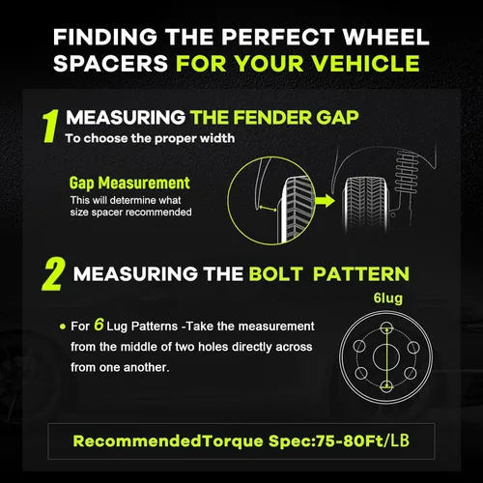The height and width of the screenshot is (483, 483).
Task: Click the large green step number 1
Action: point(51,126)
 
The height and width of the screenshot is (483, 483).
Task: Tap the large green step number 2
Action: point(53,274)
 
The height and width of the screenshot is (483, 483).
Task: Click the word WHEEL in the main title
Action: point(385,37)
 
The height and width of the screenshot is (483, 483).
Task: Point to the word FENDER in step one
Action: point(272,117)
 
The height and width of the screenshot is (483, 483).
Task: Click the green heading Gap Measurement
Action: point(129,183)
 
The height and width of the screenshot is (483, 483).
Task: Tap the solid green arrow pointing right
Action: point(325,201)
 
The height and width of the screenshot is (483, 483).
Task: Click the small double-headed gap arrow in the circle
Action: point(268,209)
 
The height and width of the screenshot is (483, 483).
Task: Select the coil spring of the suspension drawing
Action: point(406,171)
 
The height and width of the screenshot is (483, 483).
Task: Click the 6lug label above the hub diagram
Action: point(388,298)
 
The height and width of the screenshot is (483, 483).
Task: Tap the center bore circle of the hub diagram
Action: point(386,356)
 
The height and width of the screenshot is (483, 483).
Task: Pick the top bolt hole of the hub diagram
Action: point(386,327)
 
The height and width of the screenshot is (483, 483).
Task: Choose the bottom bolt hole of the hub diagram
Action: point(386,385)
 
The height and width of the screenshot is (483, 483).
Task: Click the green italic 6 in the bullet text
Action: point(99,325)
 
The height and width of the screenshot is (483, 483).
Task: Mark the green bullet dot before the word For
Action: point(63,327)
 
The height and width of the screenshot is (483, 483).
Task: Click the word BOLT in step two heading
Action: point(275,274)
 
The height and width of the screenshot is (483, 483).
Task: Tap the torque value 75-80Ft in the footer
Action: point(350,440)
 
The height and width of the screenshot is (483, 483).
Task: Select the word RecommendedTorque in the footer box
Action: point(168,440)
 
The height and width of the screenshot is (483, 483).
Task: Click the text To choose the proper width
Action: point(150,138)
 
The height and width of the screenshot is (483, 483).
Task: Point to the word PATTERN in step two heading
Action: point(361,274)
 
